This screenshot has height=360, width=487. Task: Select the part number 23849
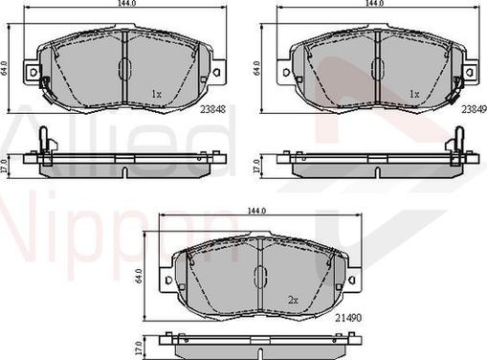[473, 109]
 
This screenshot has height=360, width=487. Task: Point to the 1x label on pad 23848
[157, 94]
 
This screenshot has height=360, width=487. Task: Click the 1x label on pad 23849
[414, 94]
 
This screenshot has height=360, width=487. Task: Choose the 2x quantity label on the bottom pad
[293, 300]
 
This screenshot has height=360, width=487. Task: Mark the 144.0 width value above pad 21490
[257, 212]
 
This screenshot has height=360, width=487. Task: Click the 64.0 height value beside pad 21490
[141, 277]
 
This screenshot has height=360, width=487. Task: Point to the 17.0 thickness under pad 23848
[7, 164]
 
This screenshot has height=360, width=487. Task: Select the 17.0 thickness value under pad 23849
[257, 164]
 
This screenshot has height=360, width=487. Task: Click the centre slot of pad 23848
[124, 69]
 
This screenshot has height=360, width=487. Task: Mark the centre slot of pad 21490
[257, 277]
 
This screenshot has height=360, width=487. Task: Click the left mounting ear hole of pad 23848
[32, 73]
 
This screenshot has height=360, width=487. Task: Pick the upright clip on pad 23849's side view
[450, 142]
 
